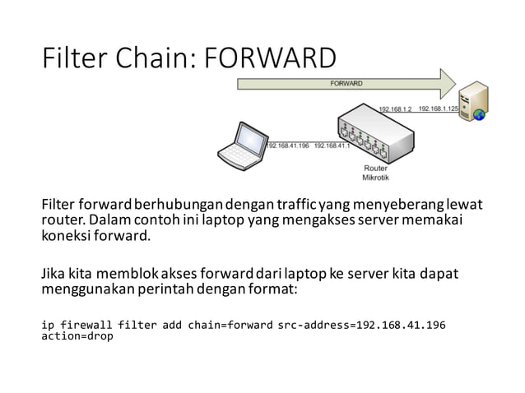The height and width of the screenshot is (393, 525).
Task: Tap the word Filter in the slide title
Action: pyautogui.click(x=74, y=59)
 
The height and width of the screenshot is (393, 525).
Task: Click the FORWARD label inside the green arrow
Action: pyautogui.click(x=346, y=83)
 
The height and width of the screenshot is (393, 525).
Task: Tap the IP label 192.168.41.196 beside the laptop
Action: pyautogui.click(x=289, y=146)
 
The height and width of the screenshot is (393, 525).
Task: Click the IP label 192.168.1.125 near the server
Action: pyautogui.click(x=438, y=109)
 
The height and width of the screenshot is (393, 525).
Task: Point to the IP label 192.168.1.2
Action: pyautogui.click(x=395, y=109)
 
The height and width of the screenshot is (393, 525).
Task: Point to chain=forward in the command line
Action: pyautogui.click(x=230, y=325)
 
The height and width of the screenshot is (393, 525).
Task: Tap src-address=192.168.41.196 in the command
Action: pyautogui.click(x=362, y=325)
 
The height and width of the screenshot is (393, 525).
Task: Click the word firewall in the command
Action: pyautogui.click(x=86, y=325)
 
